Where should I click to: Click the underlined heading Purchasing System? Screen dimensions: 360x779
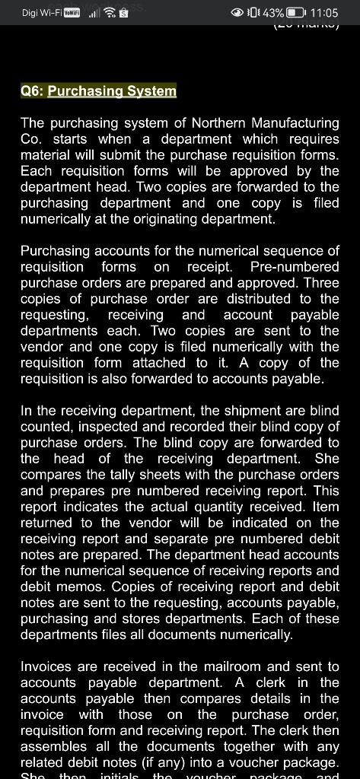coord(112,91)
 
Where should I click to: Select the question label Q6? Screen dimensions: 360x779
coord(32,91)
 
